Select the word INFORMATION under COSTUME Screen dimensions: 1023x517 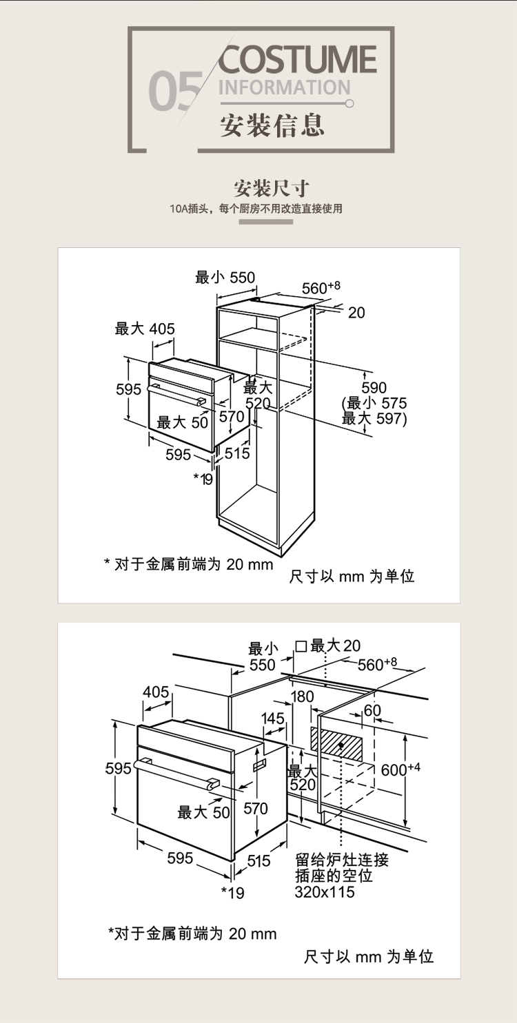[284, 88]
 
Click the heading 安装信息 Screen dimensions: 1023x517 [272, 125]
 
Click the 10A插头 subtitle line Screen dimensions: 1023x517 [256, 209]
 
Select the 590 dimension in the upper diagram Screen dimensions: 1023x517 [374, 388]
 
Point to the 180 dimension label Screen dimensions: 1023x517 [302, 696]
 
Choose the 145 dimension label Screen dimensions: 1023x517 [273, 719]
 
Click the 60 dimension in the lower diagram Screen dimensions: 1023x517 [372, 710]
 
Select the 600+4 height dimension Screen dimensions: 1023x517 [401, 769]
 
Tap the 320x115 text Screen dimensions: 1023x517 [325, 892]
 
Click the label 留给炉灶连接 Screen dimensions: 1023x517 [342, 860]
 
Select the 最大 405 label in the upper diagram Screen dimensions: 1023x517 [145, 329]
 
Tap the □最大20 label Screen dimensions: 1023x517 [328, 645]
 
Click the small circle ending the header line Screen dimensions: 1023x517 [349, 104]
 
